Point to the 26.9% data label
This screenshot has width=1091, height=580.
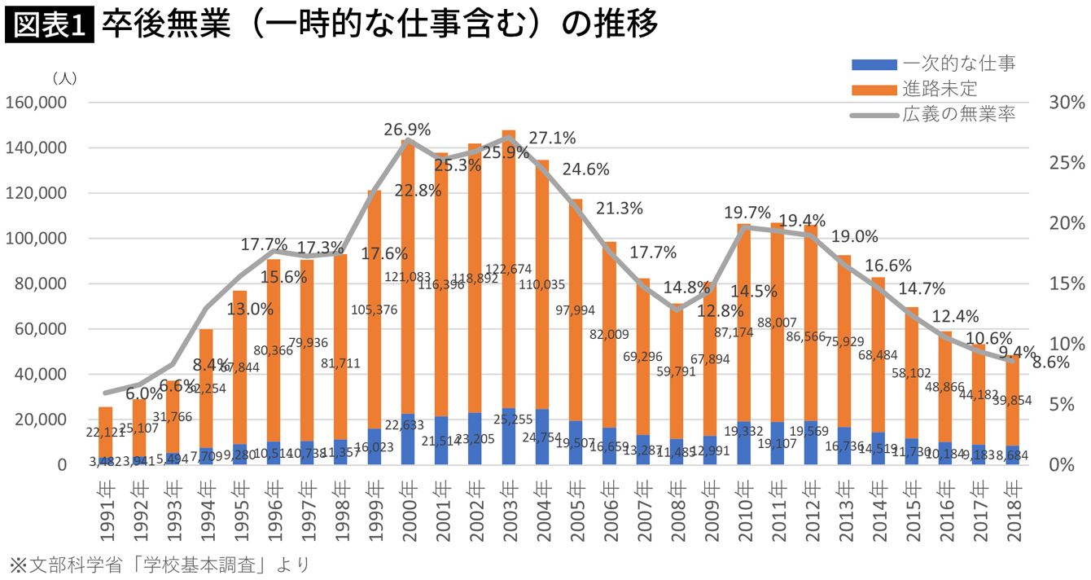(408, 130)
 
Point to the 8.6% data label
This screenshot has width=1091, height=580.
(1050, 363)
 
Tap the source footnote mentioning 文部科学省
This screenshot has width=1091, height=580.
(160, 565)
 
